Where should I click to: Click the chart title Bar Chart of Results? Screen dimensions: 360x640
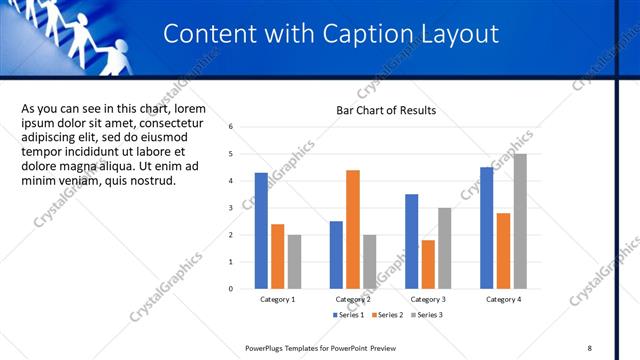click(385, 110)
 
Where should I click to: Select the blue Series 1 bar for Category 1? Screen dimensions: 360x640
click(261, 231)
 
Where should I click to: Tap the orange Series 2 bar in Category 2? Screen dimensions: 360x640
click(352, 229)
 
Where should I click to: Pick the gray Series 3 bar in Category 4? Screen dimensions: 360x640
click(519, 221)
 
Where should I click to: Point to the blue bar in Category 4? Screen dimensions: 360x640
click(486, 228)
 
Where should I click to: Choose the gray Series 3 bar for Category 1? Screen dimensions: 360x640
click(294, 262)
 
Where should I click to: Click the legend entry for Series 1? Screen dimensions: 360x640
click(347, 315)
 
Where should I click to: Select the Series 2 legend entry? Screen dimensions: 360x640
click(386, 315)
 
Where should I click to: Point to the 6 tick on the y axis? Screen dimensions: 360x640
click(231, 127)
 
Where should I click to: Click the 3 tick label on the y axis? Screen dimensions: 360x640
click(231, 208)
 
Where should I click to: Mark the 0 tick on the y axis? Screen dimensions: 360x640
click(231, 289)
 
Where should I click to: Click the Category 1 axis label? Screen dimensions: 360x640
click(277, 299)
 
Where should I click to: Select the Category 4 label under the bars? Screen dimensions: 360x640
click(503, 299)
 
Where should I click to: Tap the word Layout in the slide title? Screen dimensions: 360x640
click(460, 34)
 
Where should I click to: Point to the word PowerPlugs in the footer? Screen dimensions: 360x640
click(267, 347)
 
